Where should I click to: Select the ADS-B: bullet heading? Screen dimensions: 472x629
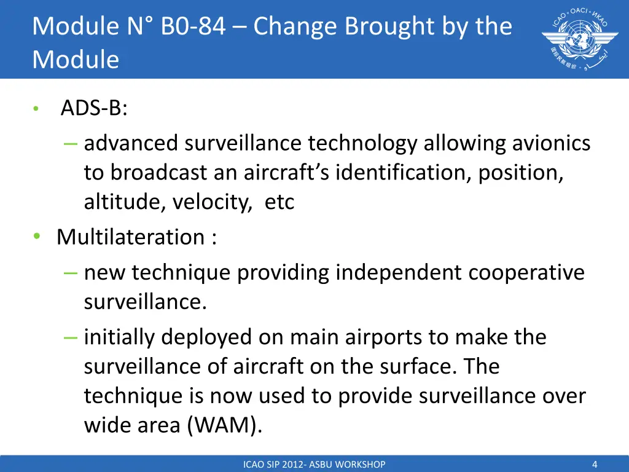pyautogui.click(x=94, y=109)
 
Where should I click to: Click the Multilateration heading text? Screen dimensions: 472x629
pyautogui.click(x=128, y=237)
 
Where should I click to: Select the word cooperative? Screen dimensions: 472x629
pyautogui.click(x=526, y=272)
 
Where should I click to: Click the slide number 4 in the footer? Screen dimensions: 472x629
pyautogui.click(x=595, y=465)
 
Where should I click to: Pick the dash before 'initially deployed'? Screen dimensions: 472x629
pyautogui.click(x=70, y=337)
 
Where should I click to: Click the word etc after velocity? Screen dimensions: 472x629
pyautogui.click(x=279, y=202)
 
